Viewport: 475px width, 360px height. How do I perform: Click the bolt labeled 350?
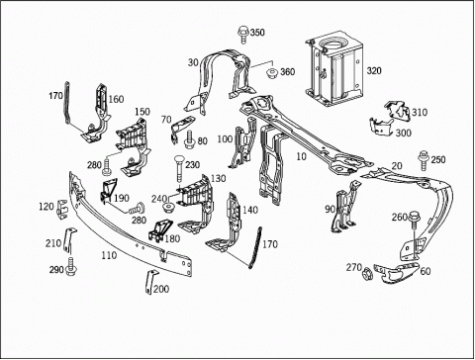tap(242, 36)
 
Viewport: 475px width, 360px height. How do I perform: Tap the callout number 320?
tap(374, 71)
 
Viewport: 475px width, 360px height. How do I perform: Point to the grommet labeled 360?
tap(272, 73)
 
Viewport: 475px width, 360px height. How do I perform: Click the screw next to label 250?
tap(424, 160)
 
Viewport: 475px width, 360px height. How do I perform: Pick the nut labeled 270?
tap(367, 275)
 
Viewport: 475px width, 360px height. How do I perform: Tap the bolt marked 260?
tap(414, 220)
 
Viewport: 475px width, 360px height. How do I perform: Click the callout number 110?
tap(109, 255)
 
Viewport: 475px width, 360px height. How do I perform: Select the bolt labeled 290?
tap(71, 267)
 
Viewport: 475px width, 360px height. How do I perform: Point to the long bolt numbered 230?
tap(178, 168)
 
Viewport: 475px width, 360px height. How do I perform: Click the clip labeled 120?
tap(62, 209)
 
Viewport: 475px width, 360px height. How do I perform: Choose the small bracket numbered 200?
tap(150, 282)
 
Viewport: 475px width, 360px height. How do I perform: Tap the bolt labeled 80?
tap(190, 139)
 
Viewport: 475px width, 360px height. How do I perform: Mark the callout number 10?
tap(301, 156)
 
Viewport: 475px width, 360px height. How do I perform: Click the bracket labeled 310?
tap(397, 110)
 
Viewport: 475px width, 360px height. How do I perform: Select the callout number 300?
tap(403, 133)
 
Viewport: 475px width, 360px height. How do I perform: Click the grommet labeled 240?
tap(169, 209)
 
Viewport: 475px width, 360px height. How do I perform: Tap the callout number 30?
tap(193, 62)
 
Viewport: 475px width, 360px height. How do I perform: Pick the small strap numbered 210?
tap(70, 240)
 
